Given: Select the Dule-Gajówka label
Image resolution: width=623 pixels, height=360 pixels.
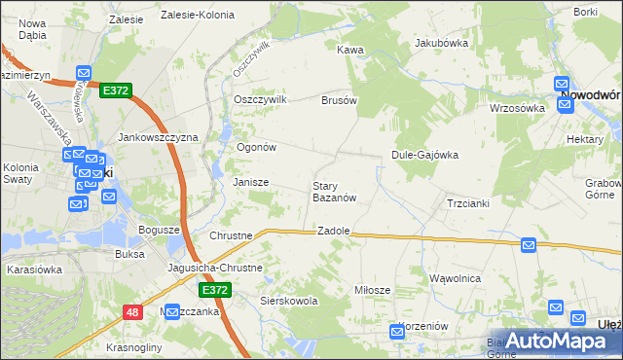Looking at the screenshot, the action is [x=424, y=155].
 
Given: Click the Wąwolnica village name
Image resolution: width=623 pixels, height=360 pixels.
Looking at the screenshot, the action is [x=456, y=278].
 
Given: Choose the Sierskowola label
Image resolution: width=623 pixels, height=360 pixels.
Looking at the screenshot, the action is [x=290, y=302].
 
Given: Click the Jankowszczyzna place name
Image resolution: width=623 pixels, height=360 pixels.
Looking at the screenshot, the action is [x=158, y=138].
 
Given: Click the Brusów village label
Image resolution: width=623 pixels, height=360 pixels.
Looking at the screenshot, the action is [x=340, y=100].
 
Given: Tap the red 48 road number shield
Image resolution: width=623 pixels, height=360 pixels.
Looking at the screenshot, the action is [x=132, y=312].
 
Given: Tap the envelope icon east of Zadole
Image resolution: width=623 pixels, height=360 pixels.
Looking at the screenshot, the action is [x=529, y=246].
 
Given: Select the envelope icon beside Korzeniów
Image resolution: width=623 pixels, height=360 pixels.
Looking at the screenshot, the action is [x=397, y=332].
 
